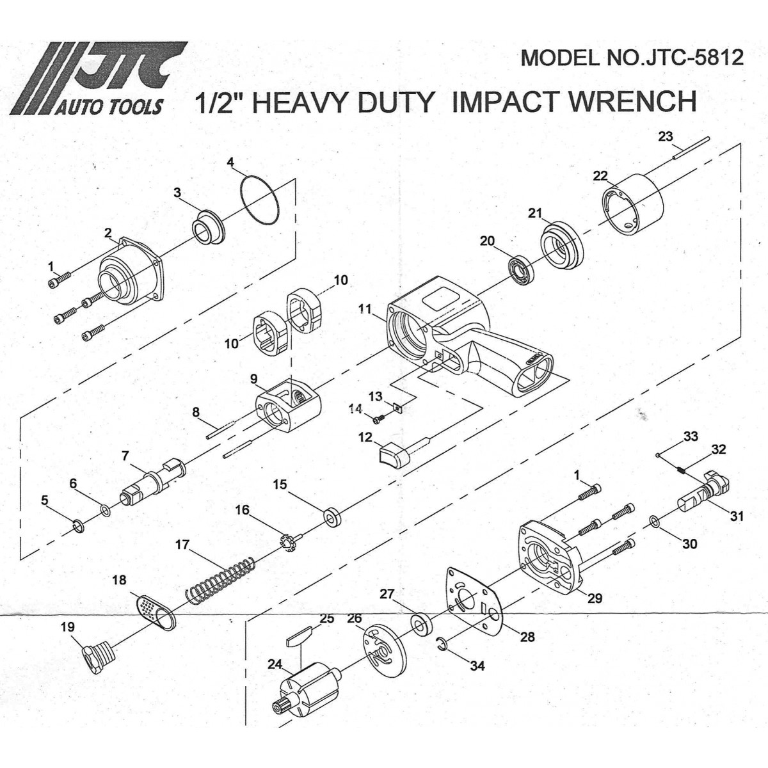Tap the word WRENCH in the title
[x=633, y=101]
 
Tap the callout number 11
[x=364, y=308]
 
